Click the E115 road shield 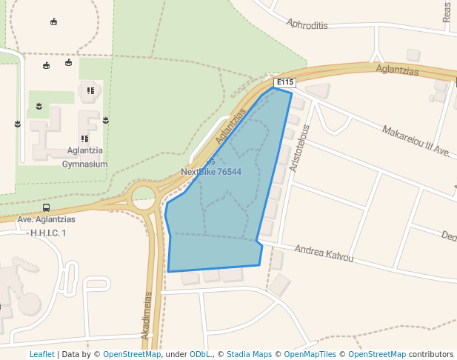(285, 82)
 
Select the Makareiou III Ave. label (416, 141)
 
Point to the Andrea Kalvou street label (324, 253)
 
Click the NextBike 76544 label (211, 172)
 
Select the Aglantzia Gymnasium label (87, 157)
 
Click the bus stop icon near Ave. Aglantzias (47, 208)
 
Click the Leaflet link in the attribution (41, 354)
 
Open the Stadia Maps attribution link (249, 354)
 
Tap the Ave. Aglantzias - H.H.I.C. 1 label (46, 226)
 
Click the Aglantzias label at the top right (397, 70)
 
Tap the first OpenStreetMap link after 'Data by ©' (132, 354)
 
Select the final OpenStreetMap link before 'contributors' (377, 354)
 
